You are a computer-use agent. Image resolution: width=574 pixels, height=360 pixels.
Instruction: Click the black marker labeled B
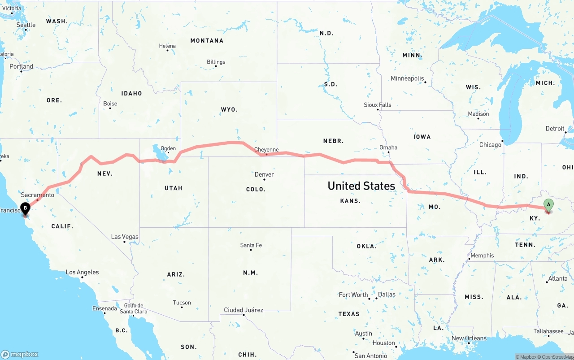pyautogui.click(x=26, y=208)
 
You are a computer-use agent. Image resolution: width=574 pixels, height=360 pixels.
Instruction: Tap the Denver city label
pyautogui.click(x=264, y=174)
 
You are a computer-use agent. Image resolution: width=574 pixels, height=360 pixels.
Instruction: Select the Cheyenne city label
pyautogui.click(x=266, y=150)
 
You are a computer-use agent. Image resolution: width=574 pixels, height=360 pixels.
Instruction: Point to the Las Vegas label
pyautogui.click(x=125, y=237)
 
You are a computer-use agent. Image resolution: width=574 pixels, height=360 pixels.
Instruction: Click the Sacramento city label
pyautogui.click(x=37, y=195)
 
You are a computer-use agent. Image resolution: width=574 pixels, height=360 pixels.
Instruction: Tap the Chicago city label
pyautogui.click(x=490, y=145)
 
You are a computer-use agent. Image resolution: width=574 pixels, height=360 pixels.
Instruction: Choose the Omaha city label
pyautogui.click(x=388, y=147)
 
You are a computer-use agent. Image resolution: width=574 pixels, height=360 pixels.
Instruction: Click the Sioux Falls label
pyautogui.click(x=378, y=105)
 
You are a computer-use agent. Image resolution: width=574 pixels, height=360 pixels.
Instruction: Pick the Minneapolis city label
pyautogui.click(x=407, y=78)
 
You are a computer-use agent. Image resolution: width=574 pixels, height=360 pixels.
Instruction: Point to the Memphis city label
pyautogui.click(x=482, y=256)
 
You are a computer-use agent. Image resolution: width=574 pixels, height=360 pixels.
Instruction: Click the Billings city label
pyautogui.click(x=216, y=62)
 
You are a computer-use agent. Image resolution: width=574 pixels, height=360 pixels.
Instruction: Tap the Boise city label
pyautogui.click(x=110, y=104)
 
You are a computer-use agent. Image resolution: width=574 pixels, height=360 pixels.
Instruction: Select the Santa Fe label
pyautogui.click(x=251, y=245)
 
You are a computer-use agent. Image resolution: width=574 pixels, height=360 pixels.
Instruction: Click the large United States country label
pyautogui.click(x=361, y=186)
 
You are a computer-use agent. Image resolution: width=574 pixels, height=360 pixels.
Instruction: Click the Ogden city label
pyautogui.click(x=168, y=148)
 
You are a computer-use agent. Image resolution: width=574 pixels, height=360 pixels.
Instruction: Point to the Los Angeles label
pyautogui.click(x=82, y=272)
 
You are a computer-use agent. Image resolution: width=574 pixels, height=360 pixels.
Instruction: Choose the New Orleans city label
pyautogui.click(x=469, y=338)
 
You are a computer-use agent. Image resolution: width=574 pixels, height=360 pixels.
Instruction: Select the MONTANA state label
pyautogui.click(x=207, y=40)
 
